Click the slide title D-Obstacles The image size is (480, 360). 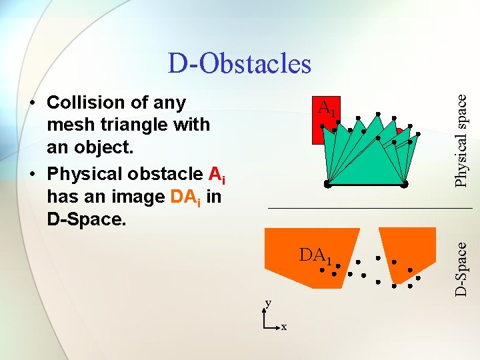pyautogui.click(x=239, y=63)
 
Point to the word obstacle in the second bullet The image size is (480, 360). pyautogui.click(x=171, y=174)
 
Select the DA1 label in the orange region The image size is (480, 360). pyautogui.click(x=315, y=256)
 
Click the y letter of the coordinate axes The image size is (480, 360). pyautogui.click(x=268, y=303)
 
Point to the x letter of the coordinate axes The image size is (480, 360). pyautogui.click(x=283, y=327)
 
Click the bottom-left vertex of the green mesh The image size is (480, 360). pyautogui.click(x=327, y=183)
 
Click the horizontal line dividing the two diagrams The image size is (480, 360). pyautogui.click(x=370, y=209)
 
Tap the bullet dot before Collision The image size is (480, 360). pyautogui.click(x=31, y=103)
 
